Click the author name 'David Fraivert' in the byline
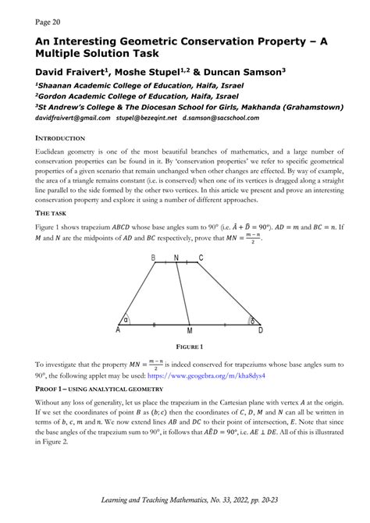pyautogui.click(x=78, y=72)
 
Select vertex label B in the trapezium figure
pyautogui.click(x=153, y=257)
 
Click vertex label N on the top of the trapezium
pyautogui.click(x=176, y=257)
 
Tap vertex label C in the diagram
pyautogui.click(x=201, y=257)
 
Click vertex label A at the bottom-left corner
pyautogui.click(x=118, y=331)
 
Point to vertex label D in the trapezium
pyautogui.click(x=260, y=331)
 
